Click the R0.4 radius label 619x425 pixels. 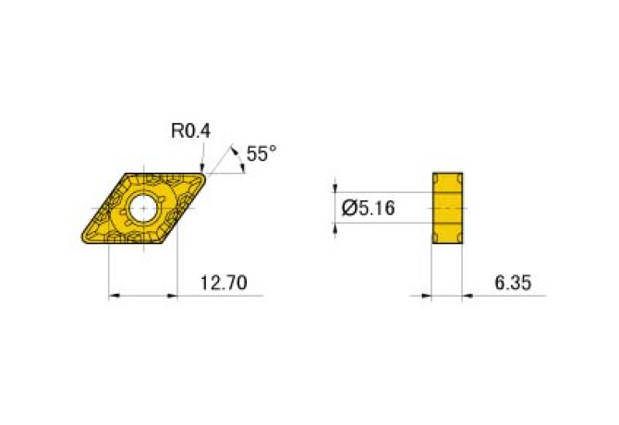pyautogui.click(x=190, y=132)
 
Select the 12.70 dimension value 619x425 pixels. pyautogui.click(x=223, y=283)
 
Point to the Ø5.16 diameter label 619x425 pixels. pyautogui.click(x=368, y=208)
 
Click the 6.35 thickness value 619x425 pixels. pyautogui.click(x=513, y=283)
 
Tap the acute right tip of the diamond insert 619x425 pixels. pyautogui.click(x=206, y=173)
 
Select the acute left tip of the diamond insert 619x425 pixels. pyautogui.click(x=82, y=241)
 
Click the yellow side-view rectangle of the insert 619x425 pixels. pyautogui.click(x=447, y=208)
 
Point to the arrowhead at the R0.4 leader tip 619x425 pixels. pyautogui.click(x=202, y=168)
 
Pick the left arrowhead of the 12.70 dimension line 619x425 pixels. pyautogui.click(x=115, y=296)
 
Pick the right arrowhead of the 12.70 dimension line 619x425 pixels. pyautogui.click(x=171, y=296)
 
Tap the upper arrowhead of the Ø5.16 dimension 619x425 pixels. pyautogui.click(x=335, y=187)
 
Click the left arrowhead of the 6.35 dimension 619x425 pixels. pyautogui.click(x=427, y=297)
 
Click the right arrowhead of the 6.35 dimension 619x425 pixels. pyautogui.click(x=467, y=297)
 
